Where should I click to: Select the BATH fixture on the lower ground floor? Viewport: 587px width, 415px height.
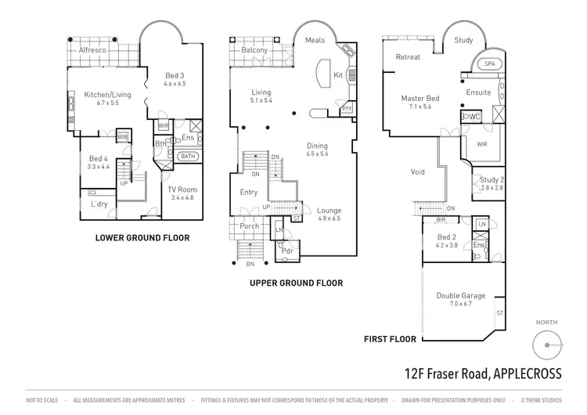[x=188, y=157]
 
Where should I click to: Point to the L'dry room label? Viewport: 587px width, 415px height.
[x=99, y=204]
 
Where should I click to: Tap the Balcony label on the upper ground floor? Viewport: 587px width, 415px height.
[x=254, y=50]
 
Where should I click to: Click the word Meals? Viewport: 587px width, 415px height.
[x=315, y=40]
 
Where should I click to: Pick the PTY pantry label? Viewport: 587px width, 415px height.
[x=348, y=109]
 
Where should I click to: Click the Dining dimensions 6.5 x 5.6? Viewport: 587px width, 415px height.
[x=317, y=154]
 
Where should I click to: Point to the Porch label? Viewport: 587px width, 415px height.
[x=250, y=226]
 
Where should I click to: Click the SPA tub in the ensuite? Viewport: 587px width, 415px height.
[x=490, y=63]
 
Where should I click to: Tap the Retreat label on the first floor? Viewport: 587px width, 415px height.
[x=408, y=57]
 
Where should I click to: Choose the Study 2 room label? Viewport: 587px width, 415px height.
[x=492, y=180]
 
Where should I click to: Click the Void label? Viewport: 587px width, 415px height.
[x=418, y=171]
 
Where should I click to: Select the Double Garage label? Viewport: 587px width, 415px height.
[x=461, y=295]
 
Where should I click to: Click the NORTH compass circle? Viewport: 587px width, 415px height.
[x=547, y=344]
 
